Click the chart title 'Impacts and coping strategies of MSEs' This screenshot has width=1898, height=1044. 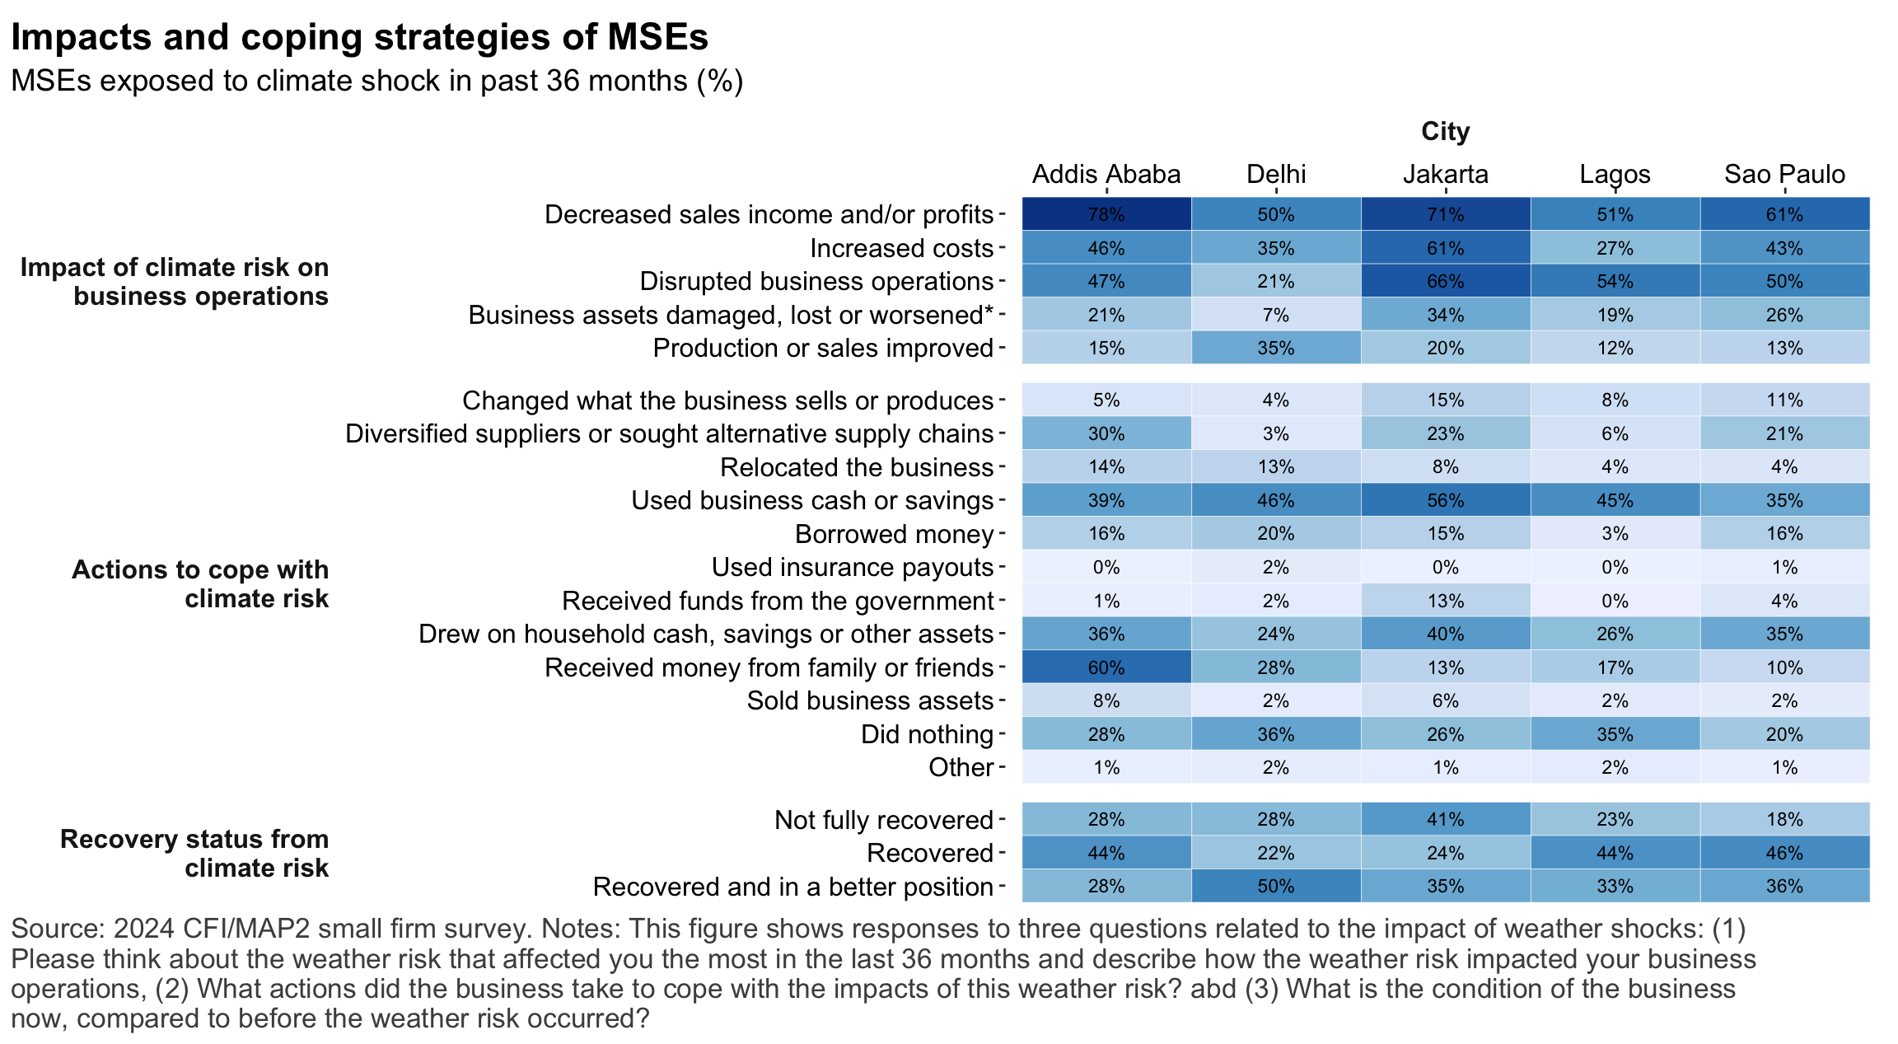[x=359, y=38]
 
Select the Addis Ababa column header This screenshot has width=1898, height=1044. [x=1106, y=175]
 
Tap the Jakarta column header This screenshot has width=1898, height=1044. [x=1446, y=175]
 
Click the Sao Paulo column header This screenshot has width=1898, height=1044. [x=1784, y=175]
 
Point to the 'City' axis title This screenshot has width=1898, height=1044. [x=1446, y=132]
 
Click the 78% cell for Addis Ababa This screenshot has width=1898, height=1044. [x=1106, y=214]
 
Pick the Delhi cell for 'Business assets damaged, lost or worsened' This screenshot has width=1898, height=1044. [x=1276, y=315]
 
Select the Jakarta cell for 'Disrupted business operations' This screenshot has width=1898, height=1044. [x=1446, y=281]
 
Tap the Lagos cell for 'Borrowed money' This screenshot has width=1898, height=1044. [x=1615, y=534]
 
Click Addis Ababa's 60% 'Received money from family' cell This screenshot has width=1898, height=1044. [x=1106, y=667]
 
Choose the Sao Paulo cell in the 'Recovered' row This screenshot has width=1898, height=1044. [x=1784, y=853]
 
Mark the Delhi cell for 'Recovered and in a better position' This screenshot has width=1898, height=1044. [x=1276, y=887]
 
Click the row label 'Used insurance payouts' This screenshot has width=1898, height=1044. [x=853, y=568]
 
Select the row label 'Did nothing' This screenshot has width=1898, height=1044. [x=927, y=734]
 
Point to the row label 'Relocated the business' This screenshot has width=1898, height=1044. [x=857, y=467]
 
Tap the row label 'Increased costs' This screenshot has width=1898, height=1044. [x=901, y=248]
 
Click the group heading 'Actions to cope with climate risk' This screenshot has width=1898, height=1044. [x=200, y=583]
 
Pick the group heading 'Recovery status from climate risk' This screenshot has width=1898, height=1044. [x=194, y=853]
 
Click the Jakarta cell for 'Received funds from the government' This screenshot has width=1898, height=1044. [x=1446, y=601]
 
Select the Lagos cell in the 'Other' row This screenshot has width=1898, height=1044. [x=1615, y=768]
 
